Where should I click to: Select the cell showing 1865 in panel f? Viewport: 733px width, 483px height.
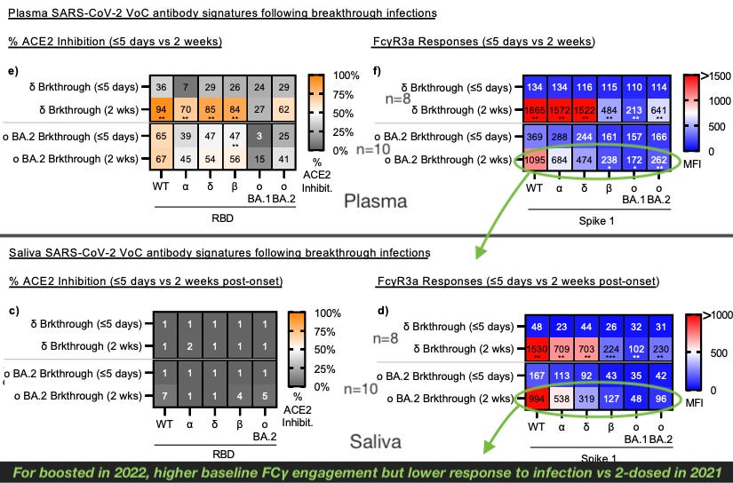(535, 110)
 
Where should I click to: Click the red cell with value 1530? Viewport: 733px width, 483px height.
(535, 351)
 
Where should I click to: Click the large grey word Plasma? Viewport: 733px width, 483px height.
(376, 201)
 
